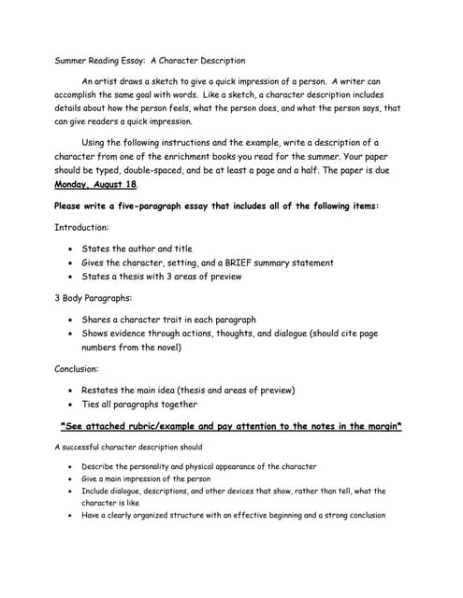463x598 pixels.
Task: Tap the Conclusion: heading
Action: pos(80,369)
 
